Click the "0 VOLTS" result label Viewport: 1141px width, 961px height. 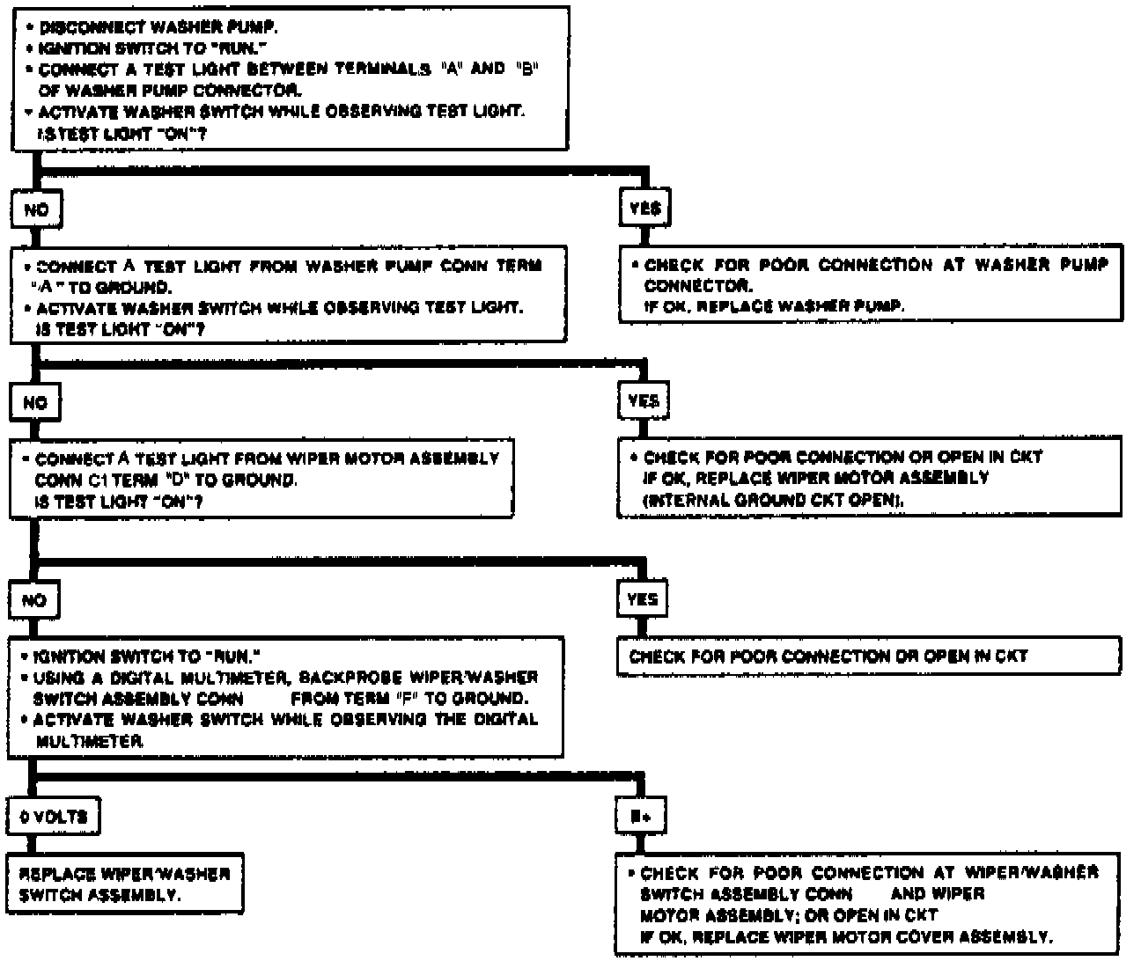[x=54, y=817]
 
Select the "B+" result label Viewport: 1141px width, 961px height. [x=641, y=817]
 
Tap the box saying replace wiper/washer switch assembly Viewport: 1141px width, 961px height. [x=125, y=884]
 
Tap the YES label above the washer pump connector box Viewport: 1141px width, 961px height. [x=644, y=209]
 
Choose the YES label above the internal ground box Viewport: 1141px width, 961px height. [x=644, y=401]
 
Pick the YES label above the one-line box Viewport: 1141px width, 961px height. [x=643, y=599]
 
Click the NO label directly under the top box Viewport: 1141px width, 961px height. [x=36, y=209]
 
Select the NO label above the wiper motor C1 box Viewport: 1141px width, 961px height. [x=35, y=402]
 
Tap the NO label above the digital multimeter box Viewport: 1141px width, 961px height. [x=34, y=600]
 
